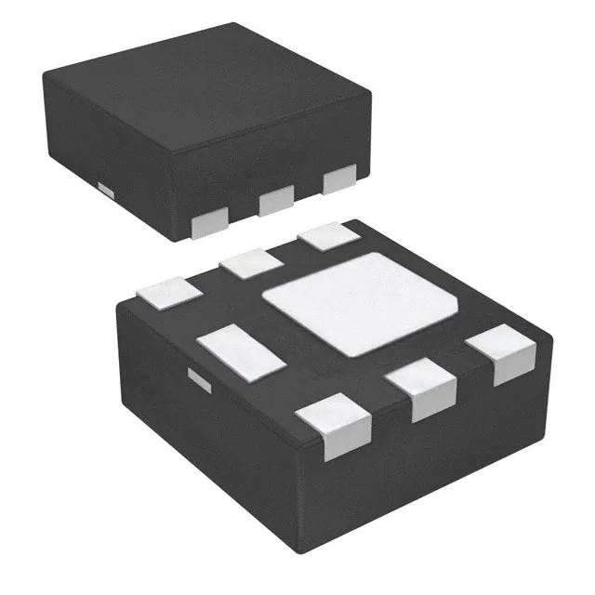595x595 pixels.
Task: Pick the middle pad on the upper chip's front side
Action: click(276, 199)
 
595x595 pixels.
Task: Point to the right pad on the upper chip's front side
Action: click(339, 178)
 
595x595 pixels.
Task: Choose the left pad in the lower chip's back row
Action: click(169, 291)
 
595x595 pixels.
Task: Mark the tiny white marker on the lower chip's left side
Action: click(197, 377)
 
